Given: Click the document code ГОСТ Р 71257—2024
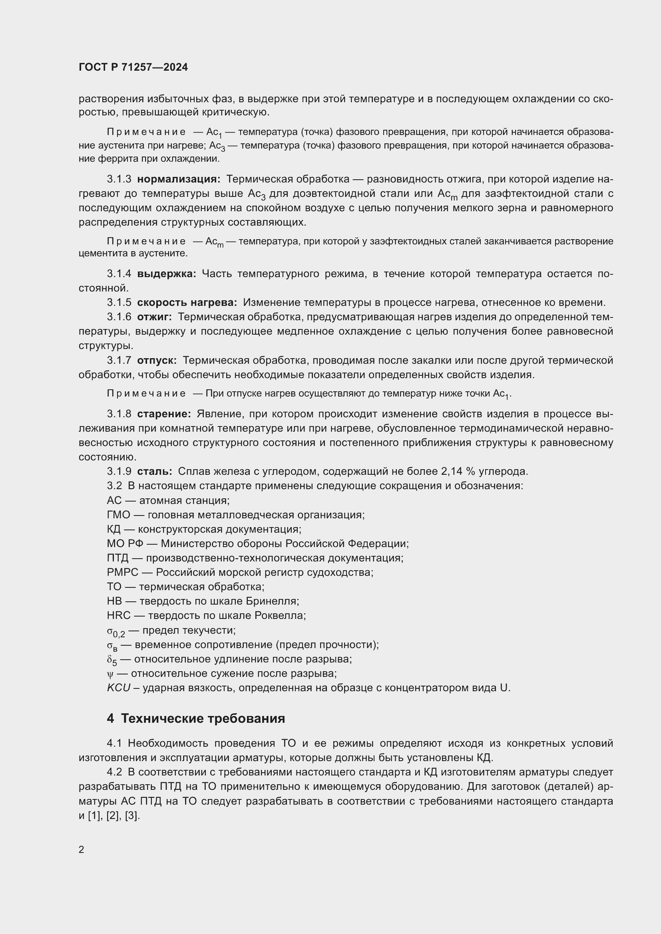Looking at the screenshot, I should [x=133, y=67].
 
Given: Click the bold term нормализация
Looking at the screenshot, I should [x=179, y=179].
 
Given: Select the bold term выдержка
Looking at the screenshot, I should [x=167, y=274].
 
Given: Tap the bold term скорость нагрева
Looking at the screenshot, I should [x=187, y=302].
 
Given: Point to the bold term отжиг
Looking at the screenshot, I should [x=154, y=317].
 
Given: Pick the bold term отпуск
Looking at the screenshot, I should [x=157, y=360].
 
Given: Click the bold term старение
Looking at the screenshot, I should [x=164, y=414].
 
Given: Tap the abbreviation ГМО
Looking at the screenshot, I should [x=118, y=515].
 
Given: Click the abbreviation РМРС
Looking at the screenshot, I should [x=123, y=572].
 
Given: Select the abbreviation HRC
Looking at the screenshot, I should [x=118, y=615].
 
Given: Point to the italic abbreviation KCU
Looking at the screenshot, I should [x=118, y=688].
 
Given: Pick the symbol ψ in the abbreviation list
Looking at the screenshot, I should [x=110, y=674].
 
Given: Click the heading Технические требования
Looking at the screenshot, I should [x=203, y=718].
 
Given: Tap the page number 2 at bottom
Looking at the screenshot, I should [x=82, y=849].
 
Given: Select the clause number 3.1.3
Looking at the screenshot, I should [x=119, y=179].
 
